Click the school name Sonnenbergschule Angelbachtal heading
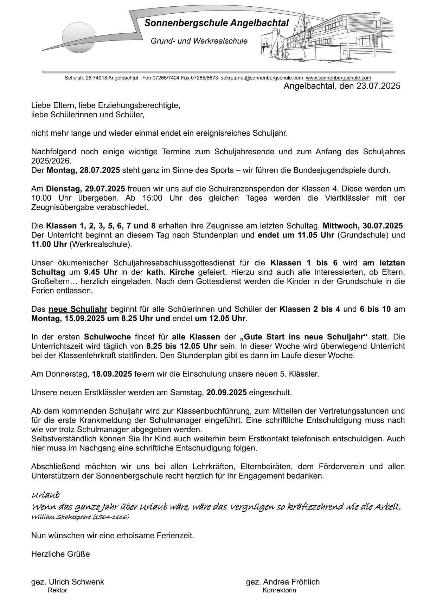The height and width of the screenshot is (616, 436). click(x=217, y=24)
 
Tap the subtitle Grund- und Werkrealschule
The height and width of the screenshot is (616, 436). click(x=199, y=41)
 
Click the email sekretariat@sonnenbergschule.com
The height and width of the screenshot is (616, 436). click(x=262, y=78)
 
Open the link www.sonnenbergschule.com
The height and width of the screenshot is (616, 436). click(x=339, y=78)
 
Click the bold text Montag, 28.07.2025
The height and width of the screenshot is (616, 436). click(x=83, y=170)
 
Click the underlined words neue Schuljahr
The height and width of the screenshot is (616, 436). click(x=78, y=309)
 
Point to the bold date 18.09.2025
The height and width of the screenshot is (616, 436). click(x=112, y=374)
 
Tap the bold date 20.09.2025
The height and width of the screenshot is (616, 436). click(x=226, y=393)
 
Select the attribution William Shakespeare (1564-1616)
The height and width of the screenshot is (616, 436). click(x=80, y=517)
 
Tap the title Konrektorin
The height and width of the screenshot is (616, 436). click(x=279, y=590)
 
